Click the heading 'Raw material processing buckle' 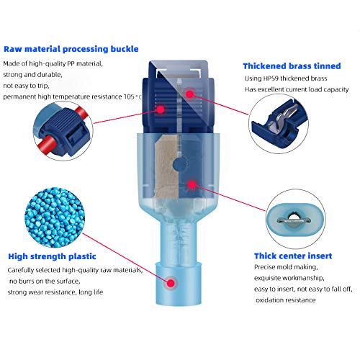(71, 50)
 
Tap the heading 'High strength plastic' (61, 256)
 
